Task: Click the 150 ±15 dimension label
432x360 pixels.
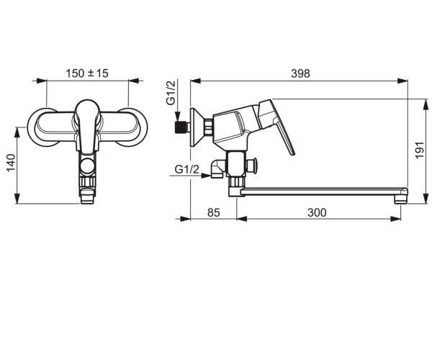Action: pyautogui.click(x=87, y=73)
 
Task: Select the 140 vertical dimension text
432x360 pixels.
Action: pyautogui.click(x=11, y=163)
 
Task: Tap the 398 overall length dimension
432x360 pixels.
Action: pyautogui.click(x=300, y=73)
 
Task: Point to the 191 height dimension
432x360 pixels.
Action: pyautogui.click(x=419, y=150)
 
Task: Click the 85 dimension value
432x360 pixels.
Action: pyautogui.click(x=214, y=212)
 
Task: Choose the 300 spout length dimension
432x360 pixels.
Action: pyautogui.click(x=317, y=212)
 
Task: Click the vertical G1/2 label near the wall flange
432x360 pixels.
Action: pyautogui.click(x=171, y=93)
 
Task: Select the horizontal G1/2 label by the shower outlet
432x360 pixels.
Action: pyautogui.click(x=186, y=169)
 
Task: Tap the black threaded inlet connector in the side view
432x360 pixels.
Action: pyautogui.click(x=181, y=127)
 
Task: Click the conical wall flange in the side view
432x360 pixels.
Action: pyautogui.click(x=197, y=127)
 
